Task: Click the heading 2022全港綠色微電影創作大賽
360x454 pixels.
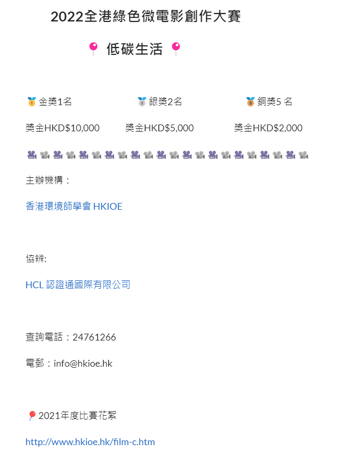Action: tap(145, 16)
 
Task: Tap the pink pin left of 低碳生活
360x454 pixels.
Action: tap(93, 49)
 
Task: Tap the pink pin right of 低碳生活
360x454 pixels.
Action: tap(176, 49)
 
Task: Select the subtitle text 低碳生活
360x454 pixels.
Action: tap(134, 49)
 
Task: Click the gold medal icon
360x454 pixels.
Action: tap(31, 101)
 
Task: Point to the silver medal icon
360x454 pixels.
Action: tap(142, 101)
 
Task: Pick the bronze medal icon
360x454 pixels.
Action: tap(251, 101)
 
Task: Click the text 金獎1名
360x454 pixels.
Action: tap(55, 101)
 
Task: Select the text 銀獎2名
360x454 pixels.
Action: tap(165, 101)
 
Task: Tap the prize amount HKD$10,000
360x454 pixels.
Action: tap(72, 128)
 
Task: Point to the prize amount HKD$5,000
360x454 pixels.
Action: tap(169, 128)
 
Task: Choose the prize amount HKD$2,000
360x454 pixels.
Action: tap(277, 128)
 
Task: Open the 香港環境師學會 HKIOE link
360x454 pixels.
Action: tap(74, 207)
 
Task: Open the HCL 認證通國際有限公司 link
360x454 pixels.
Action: tap(78, 285)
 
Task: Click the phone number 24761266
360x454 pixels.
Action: tap(94, 337)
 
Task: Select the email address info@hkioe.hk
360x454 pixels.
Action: tap(83, 364)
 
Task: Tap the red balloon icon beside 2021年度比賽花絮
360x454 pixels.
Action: tap(32, 415)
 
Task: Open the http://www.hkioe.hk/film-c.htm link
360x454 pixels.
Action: tap(91, 442)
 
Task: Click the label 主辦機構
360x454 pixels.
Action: tap(44, 180)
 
